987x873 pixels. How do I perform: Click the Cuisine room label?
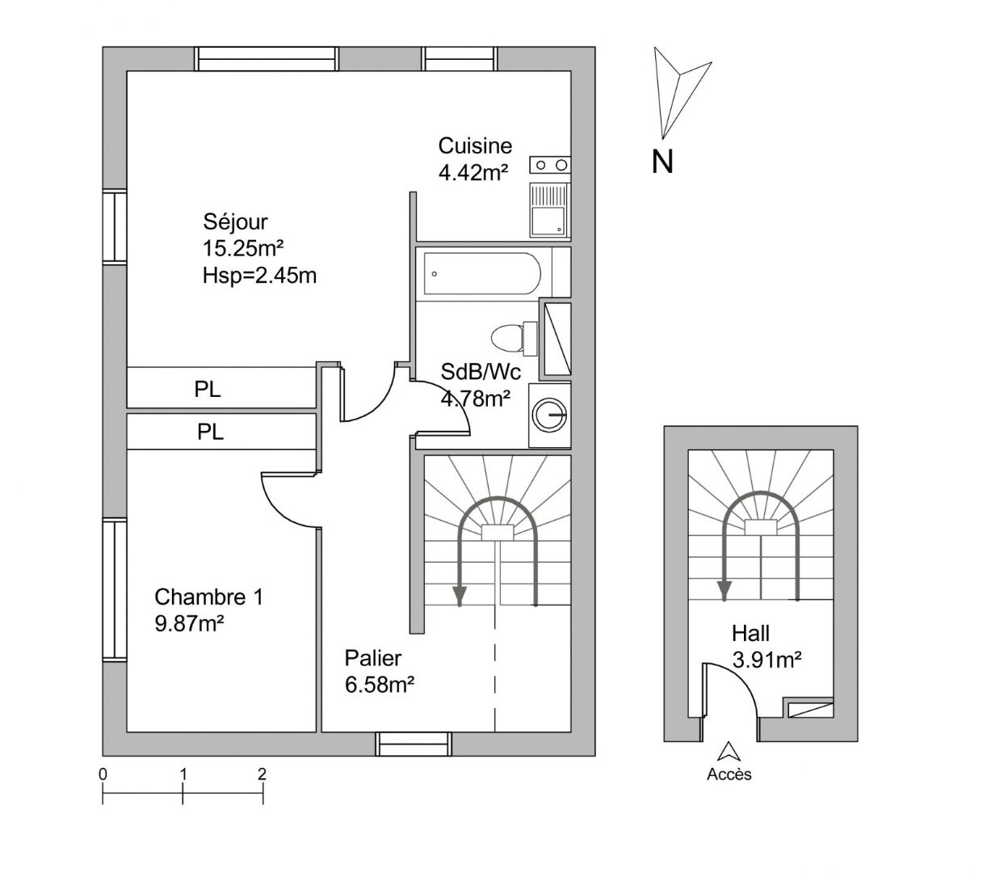[475, 146]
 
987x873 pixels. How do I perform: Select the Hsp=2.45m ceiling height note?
[259, 276]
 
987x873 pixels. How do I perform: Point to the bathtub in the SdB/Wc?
[483, 274]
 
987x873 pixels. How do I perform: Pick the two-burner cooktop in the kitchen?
[550, 166]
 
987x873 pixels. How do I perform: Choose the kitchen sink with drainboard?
[550, 209]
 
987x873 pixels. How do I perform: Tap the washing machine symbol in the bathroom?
[550, 415]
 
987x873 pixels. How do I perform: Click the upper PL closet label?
[208, 390]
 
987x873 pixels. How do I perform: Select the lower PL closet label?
[211, 432]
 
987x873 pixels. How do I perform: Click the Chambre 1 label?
[208, 597]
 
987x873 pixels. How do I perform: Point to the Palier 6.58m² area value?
[380, 685]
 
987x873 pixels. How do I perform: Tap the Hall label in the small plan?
[750, 633]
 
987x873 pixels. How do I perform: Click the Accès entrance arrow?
[729, 752]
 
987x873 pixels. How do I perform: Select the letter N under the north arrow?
[662, 162]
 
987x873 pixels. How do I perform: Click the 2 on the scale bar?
[262, 774]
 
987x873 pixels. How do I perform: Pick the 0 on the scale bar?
[103, 774]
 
